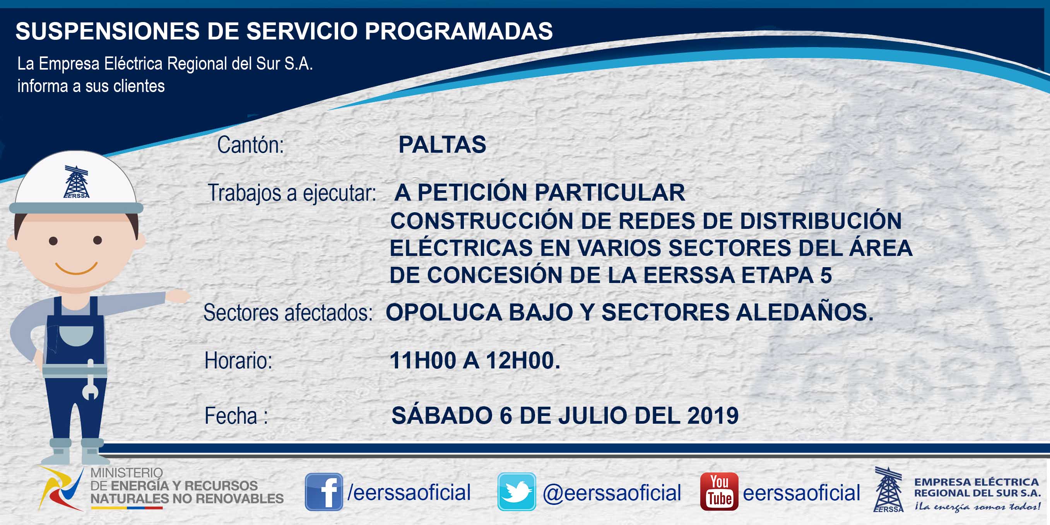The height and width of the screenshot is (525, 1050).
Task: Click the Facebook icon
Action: pyautogui.click(x=324, y=492)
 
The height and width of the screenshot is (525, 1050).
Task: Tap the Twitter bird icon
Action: pyautogui.click(x=516, y=492)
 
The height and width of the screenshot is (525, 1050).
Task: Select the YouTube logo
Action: pyautogui.click(x=719, y=492)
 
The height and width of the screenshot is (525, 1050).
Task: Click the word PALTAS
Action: pyautogui.click(x=442, y=145)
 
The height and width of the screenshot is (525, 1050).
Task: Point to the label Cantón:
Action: pyautogui.click(x=251, y=145)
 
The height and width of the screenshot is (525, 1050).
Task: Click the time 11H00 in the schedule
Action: pyautogui.click(x=423, y=360)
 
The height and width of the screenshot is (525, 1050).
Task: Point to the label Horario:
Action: pyautogui.click(x=238, y=361)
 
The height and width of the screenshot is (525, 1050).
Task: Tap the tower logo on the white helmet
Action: pyautogui.click(x=76, y=182)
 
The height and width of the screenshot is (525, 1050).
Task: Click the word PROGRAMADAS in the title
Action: pyautogui.click(x=458, y=31)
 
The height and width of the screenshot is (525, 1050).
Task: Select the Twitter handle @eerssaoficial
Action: pyautogui.click(x=612, y=493)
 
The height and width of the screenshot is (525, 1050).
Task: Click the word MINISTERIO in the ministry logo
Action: pyautogui.click(x=127, y=473)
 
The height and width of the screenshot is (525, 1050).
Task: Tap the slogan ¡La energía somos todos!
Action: pyautogui.click(x=977, y=507)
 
